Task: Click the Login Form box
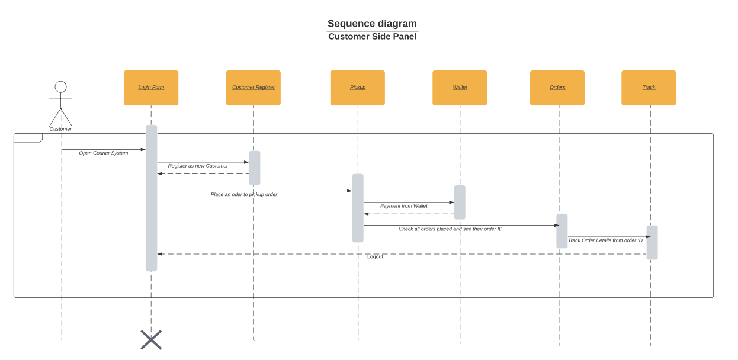(x=151, y=88)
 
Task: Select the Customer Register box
(x=253, y=88)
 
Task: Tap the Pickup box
(x=357, y=88)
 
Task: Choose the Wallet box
(x=460, y=88)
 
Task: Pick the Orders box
(x=557, y=88)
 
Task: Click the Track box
(x=649, y=88)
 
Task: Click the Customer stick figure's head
(x=60, y=87)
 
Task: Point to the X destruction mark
(x=151, y=340)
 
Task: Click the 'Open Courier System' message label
(x=104, y=153)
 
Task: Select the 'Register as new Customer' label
(x=198, y=166)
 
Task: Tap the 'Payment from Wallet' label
(x=404, y=206)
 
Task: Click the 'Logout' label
(x=375, y=257)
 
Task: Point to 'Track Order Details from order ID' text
(x=605, y=240)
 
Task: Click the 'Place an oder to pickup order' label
(x=243, y=195)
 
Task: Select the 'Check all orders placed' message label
(x=450, y=229)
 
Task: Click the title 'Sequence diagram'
(x=372, y=24)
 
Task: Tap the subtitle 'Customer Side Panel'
(x=372, y=37)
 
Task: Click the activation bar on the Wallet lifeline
(x=460, y=202)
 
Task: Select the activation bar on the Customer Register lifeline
(x=255, y=168)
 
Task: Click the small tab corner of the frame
(x=28, y=138)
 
